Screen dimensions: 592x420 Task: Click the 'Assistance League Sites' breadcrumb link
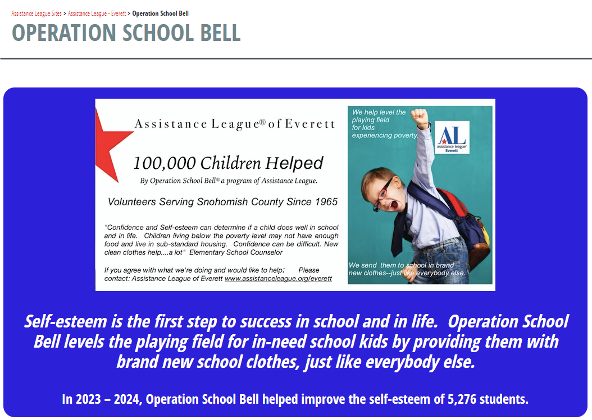tap(37, 13)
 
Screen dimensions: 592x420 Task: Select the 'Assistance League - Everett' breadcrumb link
tap(97, 13)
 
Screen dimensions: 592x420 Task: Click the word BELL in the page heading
tap(220, 33)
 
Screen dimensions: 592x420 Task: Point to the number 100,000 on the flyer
tap(164, 163)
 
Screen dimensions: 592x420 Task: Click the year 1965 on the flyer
tap(326, 202)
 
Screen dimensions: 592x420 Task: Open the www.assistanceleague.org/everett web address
tap(278, 279)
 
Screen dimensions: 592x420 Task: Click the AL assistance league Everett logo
tap(452, 137)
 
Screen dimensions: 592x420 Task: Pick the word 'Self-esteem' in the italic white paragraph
tap(66, 322)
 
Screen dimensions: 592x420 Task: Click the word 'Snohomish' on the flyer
tap(222, 202)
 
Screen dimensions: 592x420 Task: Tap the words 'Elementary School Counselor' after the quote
tap(235, 252)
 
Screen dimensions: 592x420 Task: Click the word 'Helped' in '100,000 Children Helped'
tap(294, 163)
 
